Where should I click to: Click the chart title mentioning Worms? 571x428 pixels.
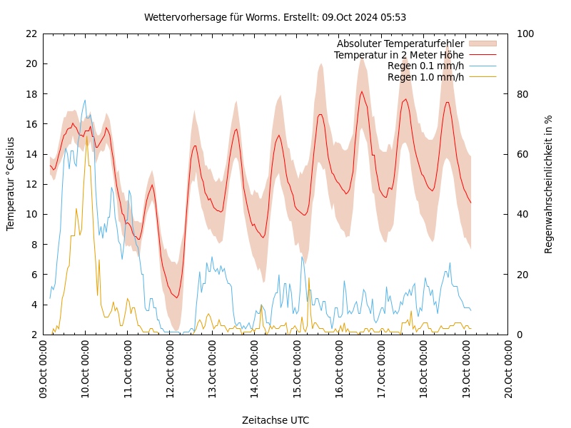(275, 17)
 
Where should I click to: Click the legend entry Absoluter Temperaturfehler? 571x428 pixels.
(400, 44)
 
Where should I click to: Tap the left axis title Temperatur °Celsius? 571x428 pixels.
(11, 183)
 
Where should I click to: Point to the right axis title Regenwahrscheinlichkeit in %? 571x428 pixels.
(548, 184)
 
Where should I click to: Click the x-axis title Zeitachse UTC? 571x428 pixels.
(275, 420)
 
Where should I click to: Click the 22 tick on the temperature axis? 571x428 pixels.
(31, 34)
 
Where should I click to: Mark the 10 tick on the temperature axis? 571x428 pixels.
(31, 214)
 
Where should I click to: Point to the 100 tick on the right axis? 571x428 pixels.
(525, 34)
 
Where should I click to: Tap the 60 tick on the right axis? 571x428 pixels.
(522, 154)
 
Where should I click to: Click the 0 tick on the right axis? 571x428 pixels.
(519, 335)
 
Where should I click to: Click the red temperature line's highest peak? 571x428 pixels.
(362, 91)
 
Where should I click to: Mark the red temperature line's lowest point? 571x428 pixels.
(176, 297)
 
